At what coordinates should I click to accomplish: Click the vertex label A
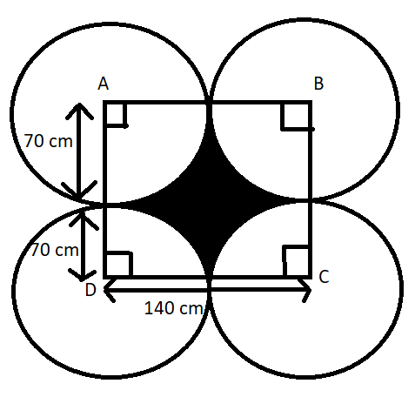[104, 84]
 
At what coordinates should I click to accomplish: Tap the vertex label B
[318, 84]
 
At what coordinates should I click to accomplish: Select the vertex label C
[324, 277]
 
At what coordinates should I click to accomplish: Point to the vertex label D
[90, 290]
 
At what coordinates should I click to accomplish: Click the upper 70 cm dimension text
[48, 141]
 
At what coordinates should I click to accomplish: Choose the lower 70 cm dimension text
[55, 250]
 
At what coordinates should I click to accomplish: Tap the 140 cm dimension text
[173, 308]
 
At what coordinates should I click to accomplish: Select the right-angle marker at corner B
[296, 117]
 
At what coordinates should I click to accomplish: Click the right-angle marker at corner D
[119, 264]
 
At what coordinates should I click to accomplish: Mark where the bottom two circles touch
[210, 286]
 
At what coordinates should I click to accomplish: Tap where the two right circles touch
[310, 200]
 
